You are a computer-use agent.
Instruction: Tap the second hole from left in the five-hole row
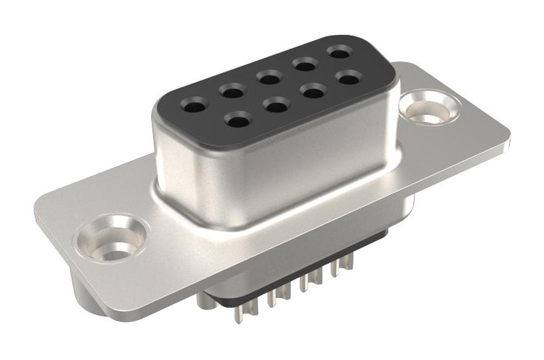point(232,91)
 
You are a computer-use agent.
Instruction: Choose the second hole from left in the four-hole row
point(275,105)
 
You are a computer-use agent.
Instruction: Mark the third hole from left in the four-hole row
point(313,91)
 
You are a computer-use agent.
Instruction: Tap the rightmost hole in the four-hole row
point(348,78)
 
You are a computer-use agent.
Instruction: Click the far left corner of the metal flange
point(35,208)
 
